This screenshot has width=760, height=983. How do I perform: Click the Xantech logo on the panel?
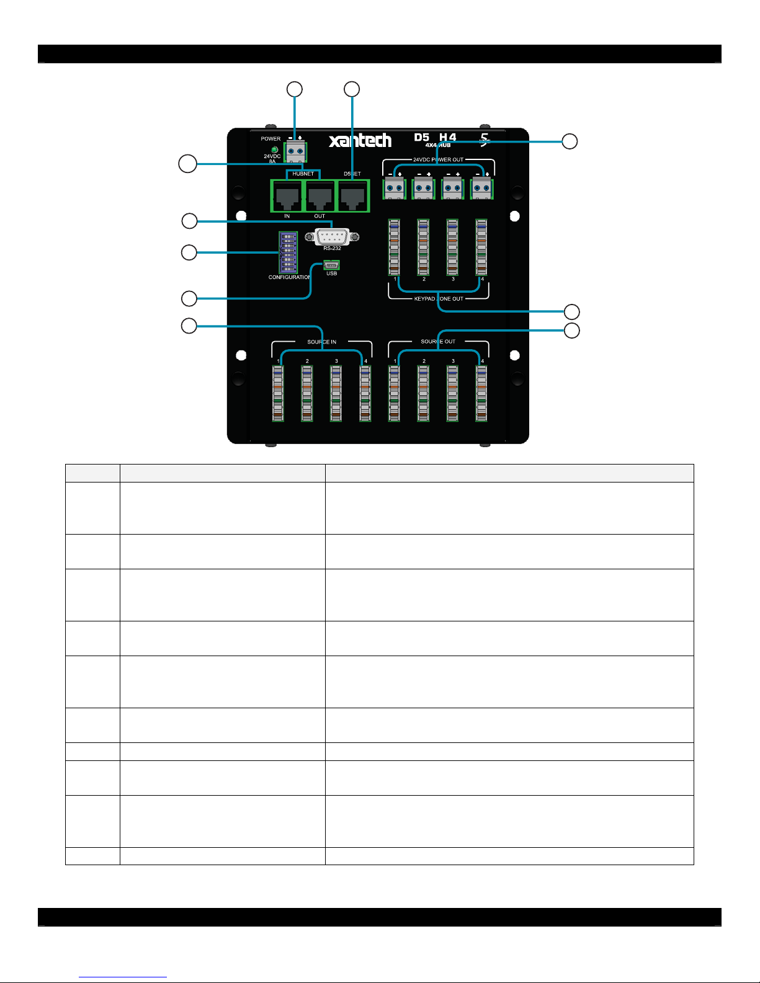360,141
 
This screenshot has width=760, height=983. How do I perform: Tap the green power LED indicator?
274,149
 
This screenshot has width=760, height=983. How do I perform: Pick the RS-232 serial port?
332,236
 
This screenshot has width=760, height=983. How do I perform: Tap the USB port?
331,265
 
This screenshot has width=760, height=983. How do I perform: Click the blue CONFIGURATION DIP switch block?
288,252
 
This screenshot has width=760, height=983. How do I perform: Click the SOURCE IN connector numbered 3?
336,393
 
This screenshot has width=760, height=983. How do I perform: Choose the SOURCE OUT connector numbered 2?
423,393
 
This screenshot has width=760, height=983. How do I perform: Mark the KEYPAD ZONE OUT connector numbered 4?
481,247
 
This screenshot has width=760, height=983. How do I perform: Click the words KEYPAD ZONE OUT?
439,299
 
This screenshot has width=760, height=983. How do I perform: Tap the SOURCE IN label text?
321,342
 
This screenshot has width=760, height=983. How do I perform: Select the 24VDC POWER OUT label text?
438,159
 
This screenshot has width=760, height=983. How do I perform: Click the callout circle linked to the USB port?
189,299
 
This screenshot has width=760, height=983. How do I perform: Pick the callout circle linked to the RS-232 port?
189,221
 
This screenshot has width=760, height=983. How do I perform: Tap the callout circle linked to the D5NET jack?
352,89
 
